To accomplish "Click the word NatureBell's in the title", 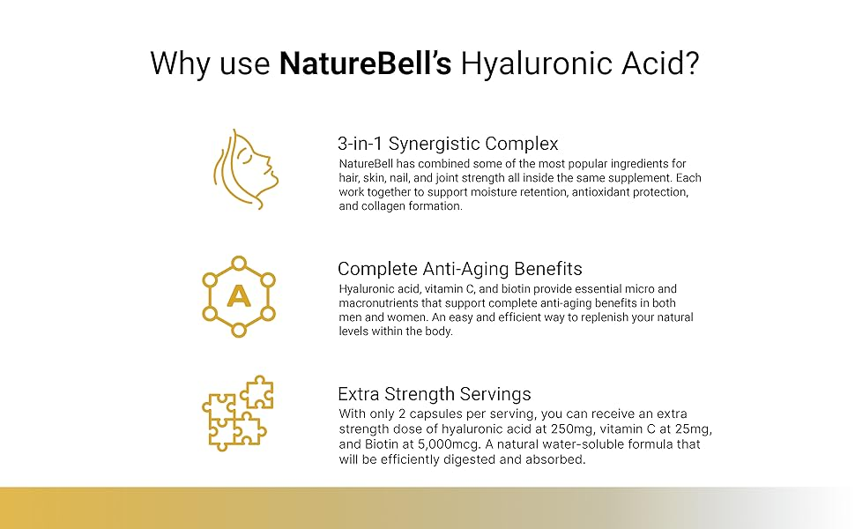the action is click(365, 63).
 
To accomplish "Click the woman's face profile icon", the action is click(245, 169).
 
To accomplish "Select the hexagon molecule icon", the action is click(239, 296).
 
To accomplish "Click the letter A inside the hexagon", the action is click(239, 296).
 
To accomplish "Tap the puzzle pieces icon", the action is click(238, 413).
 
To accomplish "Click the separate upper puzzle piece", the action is click(257, 391).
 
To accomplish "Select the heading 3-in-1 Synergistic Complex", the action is click(448, 144).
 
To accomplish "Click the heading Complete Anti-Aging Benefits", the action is click(459, 269).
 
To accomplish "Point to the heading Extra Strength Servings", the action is click(434, 394).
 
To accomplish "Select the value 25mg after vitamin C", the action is click(693, 429).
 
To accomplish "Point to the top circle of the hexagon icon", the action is click(239, 264).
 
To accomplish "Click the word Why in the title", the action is click(180, 63).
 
